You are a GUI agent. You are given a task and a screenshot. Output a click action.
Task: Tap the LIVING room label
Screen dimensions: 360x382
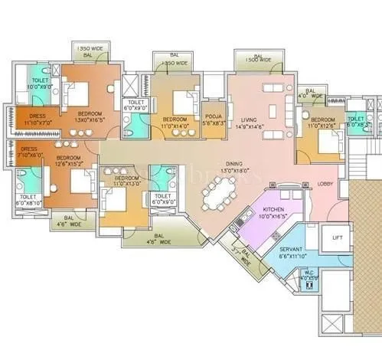(250, 120)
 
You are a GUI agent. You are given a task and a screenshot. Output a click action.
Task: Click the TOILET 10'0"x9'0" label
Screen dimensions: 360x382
(40, 83)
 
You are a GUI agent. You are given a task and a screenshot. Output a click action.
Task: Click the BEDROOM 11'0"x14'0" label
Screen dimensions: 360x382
(175, 123)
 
